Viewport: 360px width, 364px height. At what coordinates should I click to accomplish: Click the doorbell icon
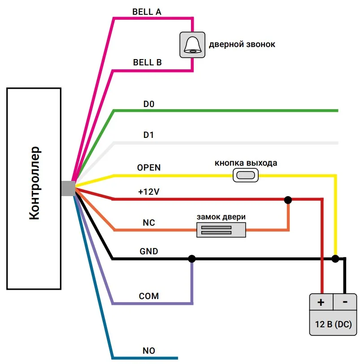click(192, 44)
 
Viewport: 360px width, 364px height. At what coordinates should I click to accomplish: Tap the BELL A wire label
click(147, 12)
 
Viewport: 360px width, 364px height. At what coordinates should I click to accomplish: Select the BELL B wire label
click(147, 63)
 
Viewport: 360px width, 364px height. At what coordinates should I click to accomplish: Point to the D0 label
click(149, 104)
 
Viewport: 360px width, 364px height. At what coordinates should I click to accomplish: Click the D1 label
click(148, 135)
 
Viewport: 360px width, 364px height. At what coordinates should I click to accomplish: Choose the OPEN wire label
click(149, 168)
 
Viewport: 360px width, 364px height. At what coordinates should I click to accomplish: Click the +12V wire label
click(149, 192)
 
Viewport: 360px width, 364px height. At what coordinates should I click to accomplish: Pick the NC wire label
click(149, 223)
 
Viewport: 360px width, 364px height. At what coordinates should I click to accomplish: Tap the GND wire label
click(149, 252)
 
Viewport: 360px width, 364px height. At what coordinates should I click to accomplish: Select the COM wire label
click(149, 296)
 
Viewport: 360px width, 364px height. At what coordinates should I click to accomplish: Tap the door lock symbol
click(221, 230)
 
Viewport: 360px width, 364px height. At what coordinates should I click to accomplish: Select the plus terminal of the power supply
click(321, 302)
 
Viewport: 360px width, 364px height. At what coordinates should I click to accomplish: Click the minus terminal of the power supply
click(345, 302)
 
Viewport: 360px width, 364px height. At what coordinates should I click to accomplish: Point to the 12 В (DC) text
click(333, 324)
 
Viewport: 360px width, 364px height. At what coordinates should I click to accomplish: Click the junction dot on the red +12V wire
click(288, 200)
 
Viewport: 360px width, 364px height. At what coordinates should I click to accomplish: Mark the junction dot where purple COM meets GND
click(192, 259)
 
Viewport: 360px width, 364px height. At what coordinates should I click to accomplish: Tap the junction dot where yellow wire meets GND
click(335, 259)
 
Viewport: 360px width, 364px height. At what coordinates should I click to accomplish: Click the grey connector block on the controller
click(68, 188)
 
